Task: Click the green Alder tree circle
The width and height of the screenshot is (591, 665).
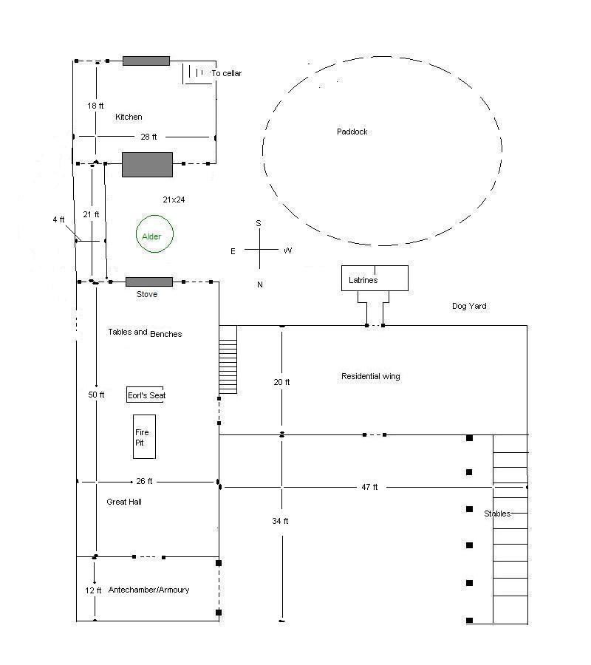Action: (x=155, y=235)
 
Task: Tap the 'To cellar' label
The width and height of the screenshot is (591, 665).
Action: (x=226, y=74)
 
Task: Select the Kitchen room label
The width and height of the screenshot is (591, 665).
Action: (x=129, y=117)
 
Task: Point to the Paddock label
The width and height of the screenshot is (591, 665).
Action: (x=352, y=132)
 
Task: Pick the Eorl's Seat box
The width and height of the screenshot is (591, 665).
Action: (x=146, y=395)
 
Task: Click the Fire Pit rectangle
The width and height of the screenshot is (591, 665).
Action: (x=144, y=437)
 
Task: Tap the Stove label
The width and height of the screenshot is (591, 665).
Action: (x=147, y=294)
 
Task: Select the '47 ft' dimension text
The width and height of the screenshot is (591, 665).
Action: (x=369, y=487)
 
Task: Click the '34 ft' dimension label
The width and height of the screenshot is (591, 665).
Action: (x=281, y=521)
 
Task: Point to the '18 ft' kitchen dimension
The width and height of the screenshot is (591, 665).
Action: (x=95, y=106)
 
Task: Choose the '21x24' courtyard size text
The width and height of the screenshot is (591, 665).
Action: (x=174, y=199)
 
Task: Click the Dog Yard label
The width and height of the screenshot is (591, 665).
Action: (x=469, y=306)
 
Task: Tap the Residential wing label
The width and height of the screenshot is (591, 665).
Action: (x=370, y=376)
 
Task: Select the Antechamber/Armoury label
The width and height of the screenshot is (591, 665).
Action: (x=148, y=590)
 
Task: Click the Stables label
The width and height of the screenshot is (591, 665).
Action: (x=497, y=514)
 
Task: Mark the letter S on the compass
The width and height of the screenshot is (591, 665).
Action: (x=259, y=222)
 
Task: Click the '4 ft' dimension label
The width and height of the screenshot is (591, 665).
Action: (x=59, y=219)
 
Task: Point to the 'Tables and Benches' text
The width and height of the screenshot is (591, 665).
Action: (x=145, y=333)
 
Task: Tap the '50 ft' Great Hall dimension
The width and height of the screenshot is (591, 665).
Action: (x=96, y=395)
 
